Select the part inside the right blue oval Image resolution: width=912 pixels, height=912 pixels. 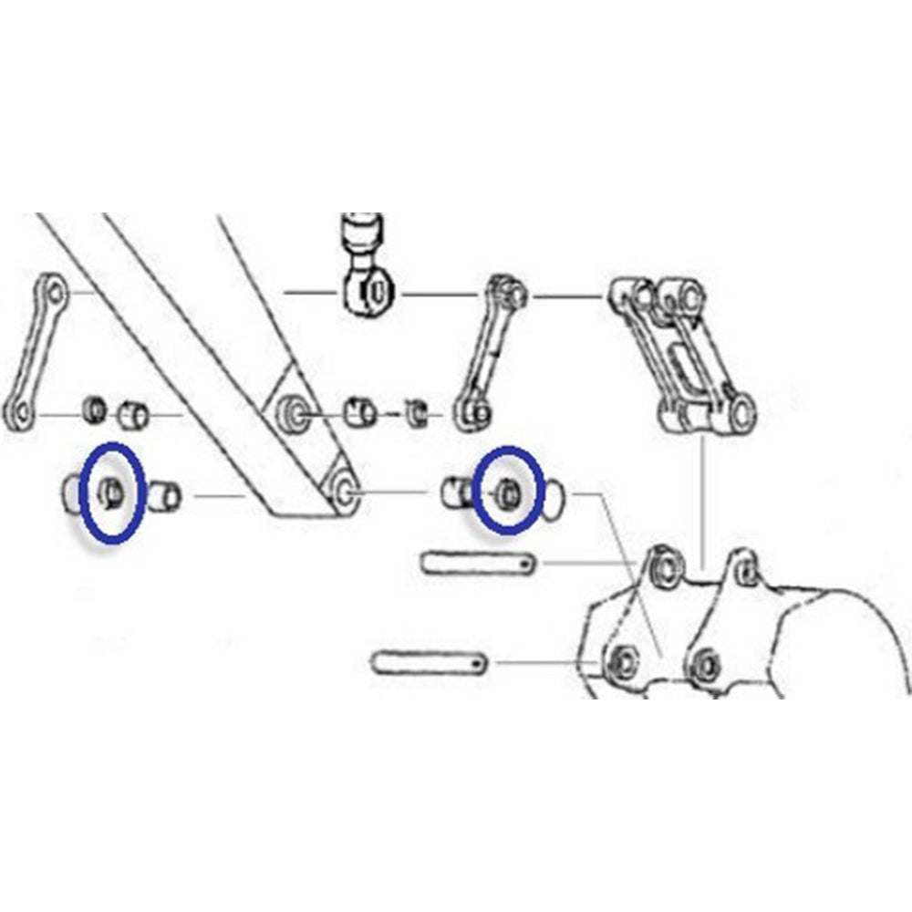(508, 494)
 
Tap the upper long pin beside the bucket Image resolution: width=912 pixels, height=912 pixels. (478, 564)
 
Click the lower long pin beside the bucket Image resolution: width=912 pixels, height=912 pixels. (430, 660)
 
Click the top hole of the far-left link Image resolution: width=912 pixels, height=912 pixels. (55, 294)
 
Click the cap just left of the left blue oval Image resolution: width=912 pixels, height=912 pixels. (70, 493)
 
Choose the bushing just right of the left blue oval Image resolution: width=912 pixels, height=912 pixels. (165, 495)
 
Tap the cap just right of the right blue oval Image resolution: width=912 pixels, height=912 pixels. (557, 498)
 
